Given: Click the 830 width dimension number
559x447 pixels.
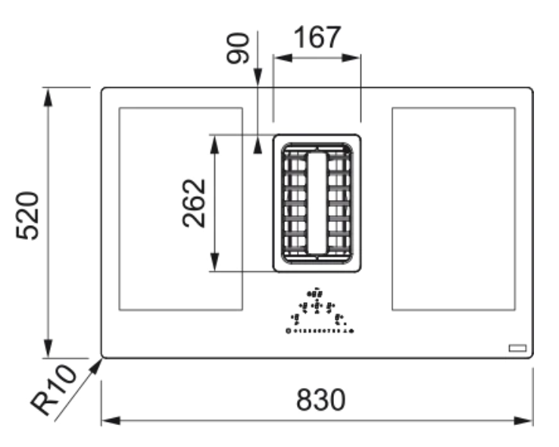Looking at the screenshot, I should pos(320,399).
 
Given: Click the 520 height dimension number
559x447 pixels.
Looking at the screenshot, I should pos(27,215).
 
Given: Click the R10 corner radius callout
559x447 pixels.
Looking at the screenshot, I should pos(55,389).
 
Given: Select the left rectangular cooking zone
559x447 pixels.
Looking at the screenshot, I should pos(180,208).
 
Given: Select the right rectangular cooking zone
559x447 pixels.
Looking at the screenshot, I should pos(454,208).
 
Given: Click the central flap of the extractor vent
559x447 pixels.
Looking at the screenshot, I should pos(317,201).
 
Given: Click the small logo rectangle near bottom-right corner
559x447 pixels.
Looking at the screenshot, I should pos(517,348).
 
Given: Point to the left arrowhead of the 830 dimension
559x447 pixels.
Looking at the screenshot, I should pos(108,420).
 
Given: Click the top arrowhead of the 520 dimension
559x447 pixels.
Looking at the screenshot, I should pos(48,95).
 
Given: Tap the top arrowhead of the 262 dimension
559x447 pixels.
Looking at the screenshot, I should pos(215,142).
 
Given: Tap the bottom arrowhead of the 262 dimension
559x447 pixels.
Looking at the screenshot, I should pos(215,264).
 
